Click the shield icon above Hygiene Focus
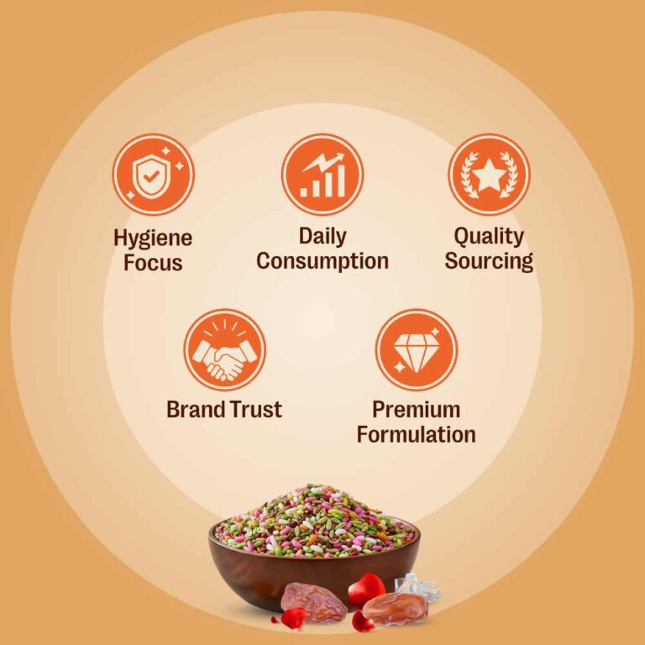(153, 174)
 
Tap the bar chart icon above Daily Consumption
(322, 174)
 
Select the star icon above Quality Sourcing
(489, 174)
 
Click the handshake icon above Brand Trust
(224, 349)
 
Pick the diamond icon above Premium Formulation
(417, 349)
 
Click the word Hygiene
(153, 239)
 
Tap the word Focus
(153, 263)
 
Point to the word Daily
(322, 237)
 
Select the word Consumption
(322, 261)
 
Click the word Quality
(489, 237)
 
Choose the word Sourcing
(489, 262)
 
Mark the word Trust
(256, 410)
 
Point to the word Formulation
(417, 434)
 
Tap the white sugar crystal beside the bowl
(417, 587)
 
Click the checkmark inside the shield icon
(150, 177)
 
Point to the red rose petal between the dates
(366, 590)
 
